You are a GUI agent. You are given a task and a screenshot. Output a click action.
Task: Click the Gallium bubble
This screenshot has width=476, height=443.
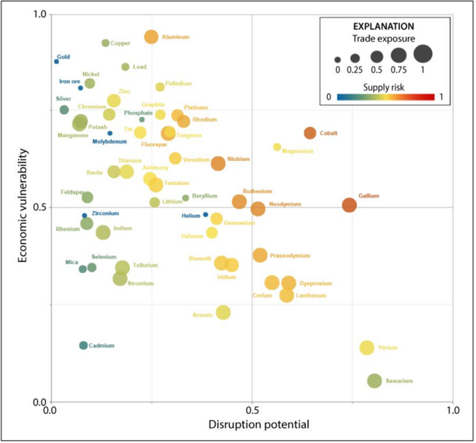click(349, 205)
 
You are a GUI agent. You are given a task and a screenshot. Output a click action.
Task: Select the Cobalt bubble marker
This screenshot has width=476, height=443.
click(310, 133)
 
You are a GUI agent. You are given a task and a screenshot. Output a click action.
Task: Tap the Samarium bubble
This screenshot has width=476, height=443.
click(374, 381)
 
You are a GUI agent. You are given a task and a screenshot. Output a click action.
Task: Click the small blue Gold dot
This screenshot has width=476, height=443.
click(57, 61)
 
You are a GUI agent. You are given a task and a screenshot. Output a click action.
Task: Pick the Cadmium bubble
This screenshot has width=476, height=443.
click(83, 345)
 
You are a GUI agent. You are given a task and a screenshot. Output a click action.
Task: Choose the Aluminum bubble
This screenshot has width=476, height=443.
click(151, 37)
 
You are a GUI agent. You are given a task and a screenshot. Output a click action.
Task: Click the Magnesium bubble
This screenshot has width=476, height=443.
click(277, 147)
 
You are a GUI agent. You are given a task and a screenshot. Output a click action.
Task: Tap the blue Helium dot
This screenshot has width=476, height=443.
click(206, 215)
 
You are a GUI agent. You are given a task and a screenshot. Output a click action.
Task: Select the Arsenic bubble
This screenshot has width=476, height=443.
click(223, 312)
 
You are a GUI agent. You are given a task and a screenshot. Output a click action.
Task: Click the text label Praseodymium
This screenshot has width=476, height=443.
click(290, 256)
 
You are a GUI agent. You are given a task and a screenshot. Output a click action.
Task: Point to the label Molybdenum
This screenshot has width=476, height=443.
click(110, 141)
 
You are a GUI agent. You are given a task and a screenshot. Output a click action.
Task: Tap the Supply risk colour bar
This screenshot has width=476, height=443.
click(385, 97)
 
